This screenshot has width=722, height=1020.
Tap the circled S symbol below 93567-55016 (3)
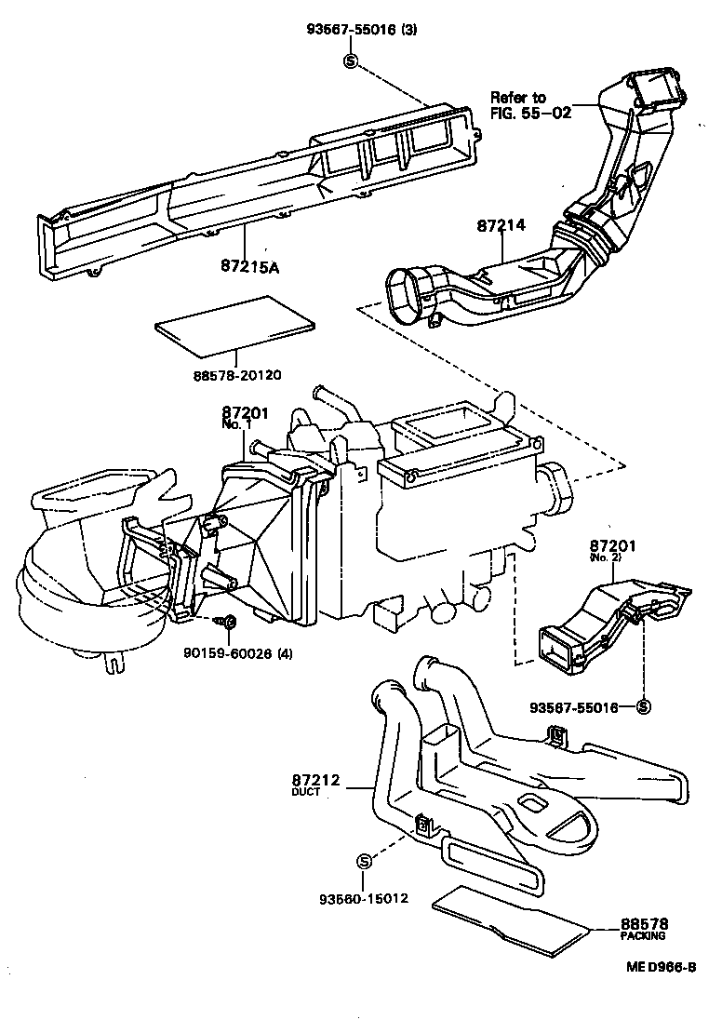351,61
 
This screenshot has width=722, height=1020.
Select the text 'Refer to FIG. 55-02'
531,105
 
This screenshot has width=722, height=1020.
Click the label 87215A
249,268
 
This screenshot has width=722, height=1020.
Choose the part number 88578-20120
237,374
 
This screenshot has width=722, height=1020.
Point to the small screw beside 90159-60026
226,621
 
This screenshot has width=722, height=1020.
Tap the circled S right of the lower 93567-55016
642,706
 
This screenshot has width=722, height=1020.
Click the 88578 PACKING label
644,929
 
